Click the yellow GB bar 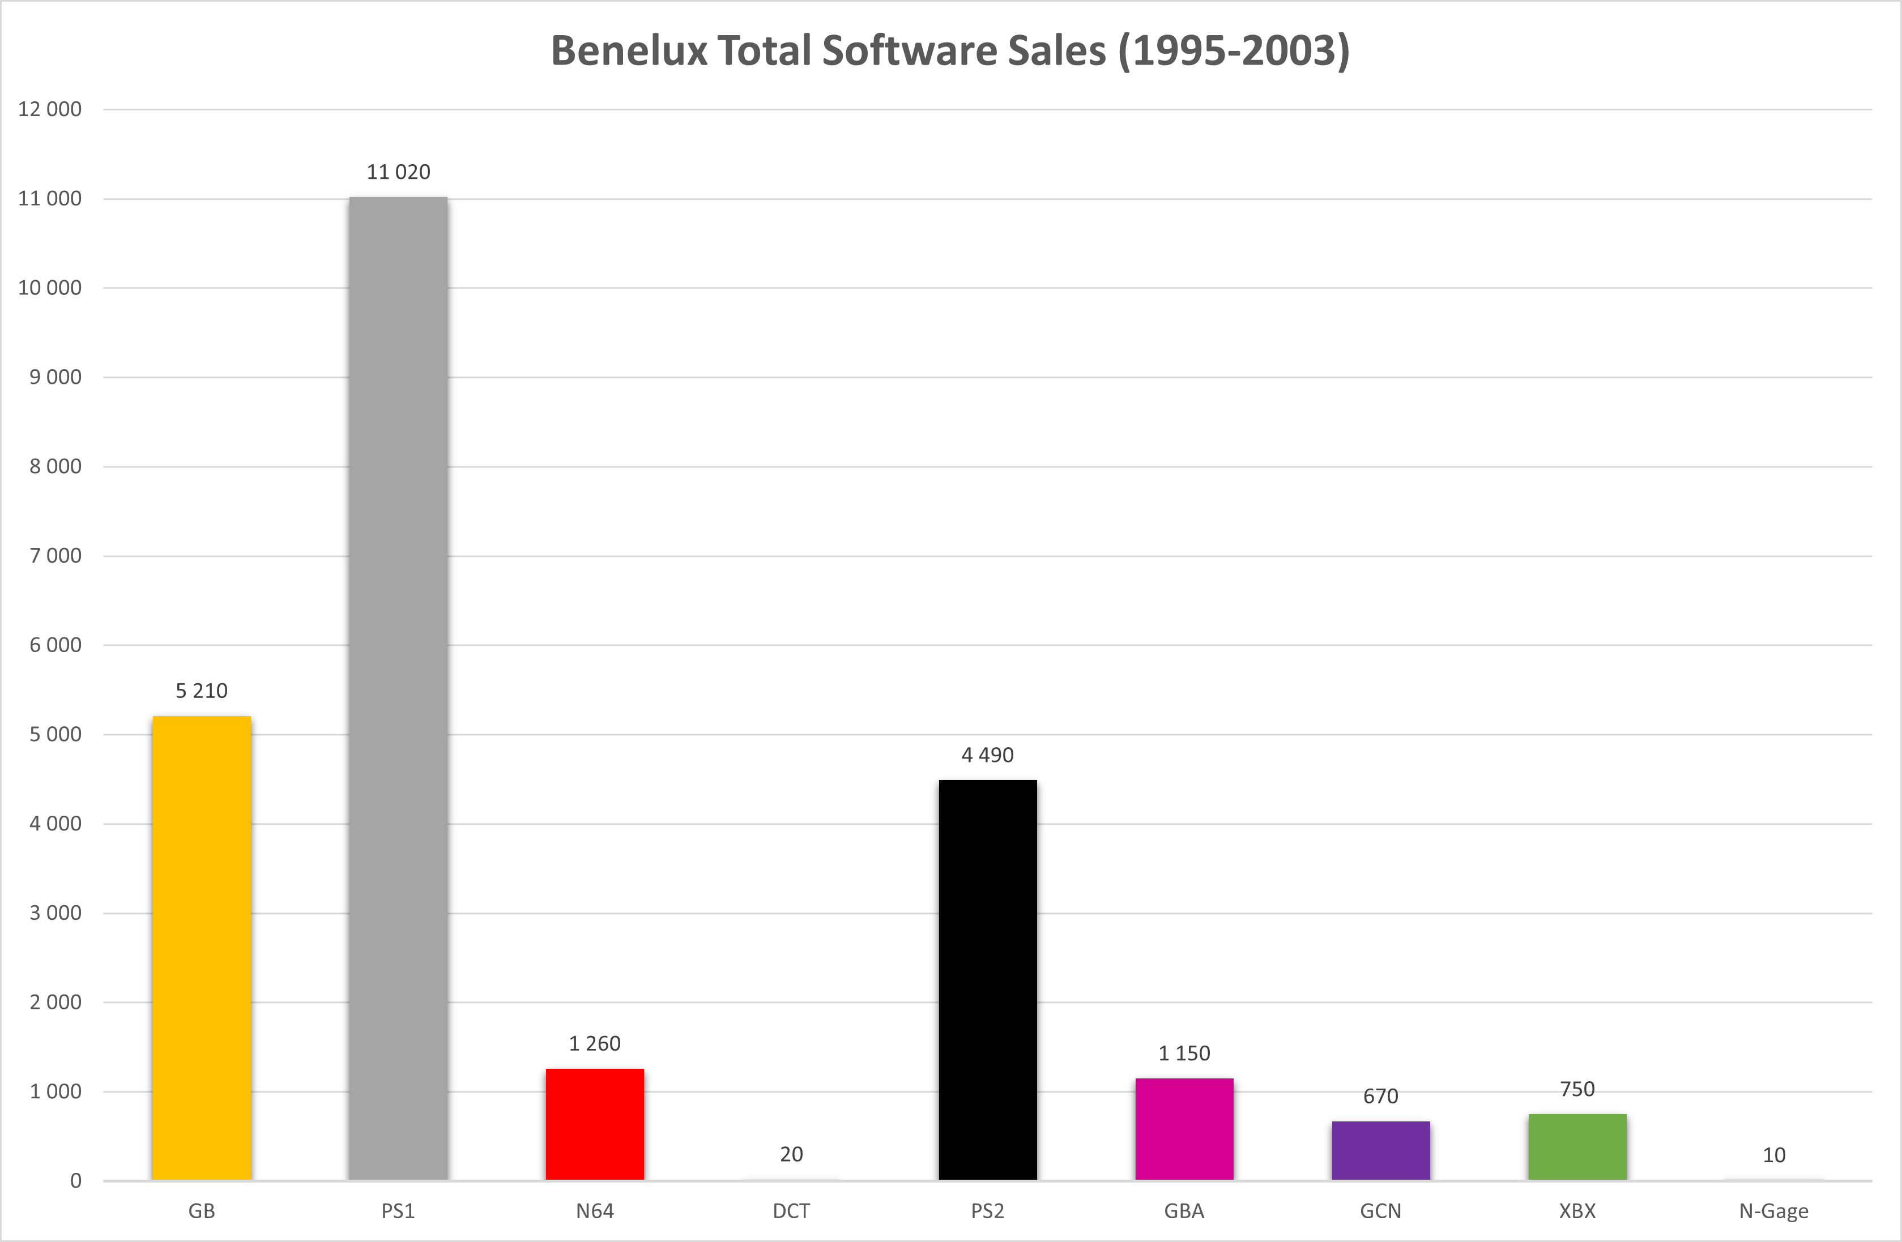(x=202, y=948)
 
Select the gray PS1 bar (x=398, y=688)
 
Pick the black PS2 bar (x=988, y=980)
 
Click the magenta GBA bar (x=1184, y=1129)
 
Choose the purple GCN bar (x=1381, y=1150)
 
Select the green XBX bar (x=1577, y=1147)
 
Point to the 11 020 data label (x=398, y=172)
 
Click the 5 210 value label (x=202, y=691)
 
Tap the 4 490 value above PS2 (x=988, y=755)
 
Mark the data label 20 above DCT (x=791, y=1154)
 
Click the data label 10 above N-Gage (x=1774, y=1155)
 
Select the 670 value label (x=1381, y=1096)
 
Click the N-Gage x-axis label (x=1774, y=1211)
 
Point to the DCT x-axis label (x=791, y=1211)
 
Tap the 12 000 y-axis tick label (x=49, y=109)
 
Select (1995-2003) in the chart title (x=1234, y=51)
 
